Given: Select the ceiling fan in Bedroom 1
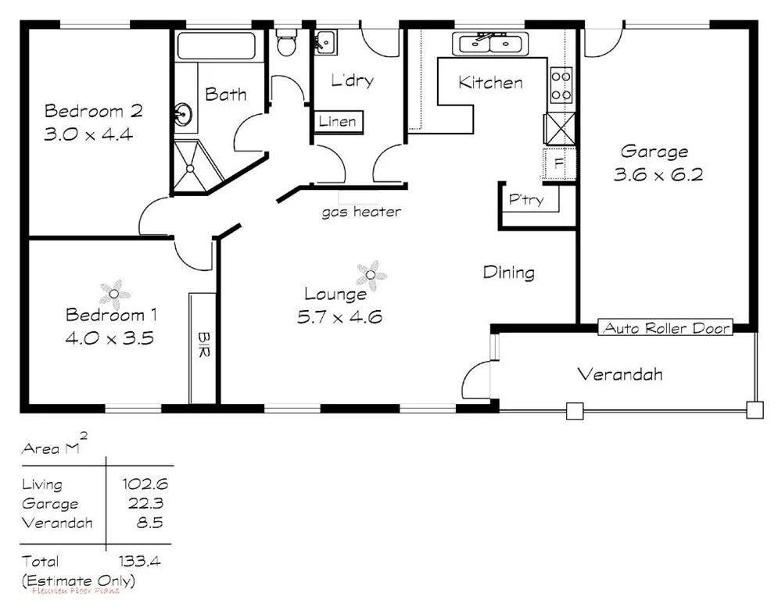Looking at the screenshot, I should pos(115,295).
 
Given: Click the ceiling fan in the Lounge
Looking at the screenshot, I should pos(371,274).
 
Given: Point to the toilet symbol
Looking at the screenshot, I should pos(285,43).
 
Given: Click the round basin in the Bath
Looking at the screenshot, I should pos(185,115).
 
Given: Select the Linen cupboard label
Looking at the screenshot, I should pos(338,121).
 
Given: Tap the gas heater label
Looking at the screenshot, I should pos(361,212).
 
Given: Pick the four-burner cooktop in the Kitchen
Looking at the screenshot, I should pos(561,85).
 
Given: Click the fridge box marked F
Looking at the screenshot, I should pos(558,164).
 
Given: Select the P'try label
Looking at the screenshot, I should pos(525,200).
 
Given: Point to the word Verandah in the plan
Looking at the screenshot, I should pos(620,374).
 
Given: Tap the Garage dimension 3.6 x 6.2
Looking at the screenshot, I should pos(658,175).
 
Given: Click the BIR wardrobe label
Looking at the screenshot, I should pos(203,345).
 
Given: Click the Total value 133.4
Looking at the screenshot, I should pos(141,561).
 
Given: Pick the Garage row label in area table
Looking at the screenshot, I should pos(50,504).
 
